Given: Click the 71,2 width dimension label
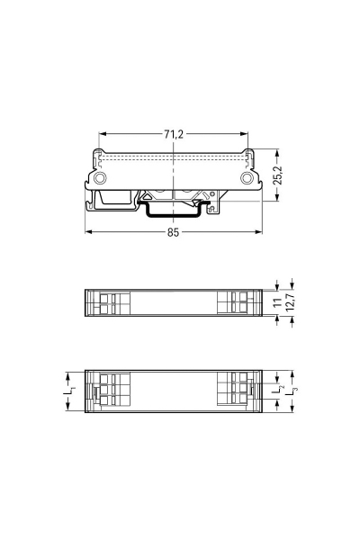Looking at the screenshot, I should click(174, 134).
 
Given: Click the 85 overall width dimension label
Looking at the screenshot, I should click(174, 232).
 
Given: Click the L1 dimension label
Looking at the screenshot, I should click(68, 392).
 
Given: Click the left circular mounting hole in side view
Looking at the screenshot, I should click(99, 178).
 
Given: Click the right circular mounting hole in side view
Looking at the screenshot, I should click(247, 178).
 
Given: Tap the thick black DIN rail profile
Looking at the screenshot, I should click(174, 213).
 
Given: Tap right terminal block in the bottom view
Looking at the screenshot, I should click(238, 391).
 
